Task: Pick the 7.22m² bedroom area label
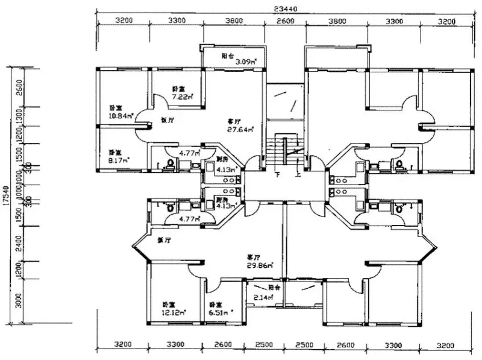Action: click(x=181, y=96)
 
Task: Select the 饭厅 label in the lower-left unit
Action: click(x=162, y=240)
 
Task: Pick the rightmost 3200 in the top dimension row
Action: click(x=446, y=21)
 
